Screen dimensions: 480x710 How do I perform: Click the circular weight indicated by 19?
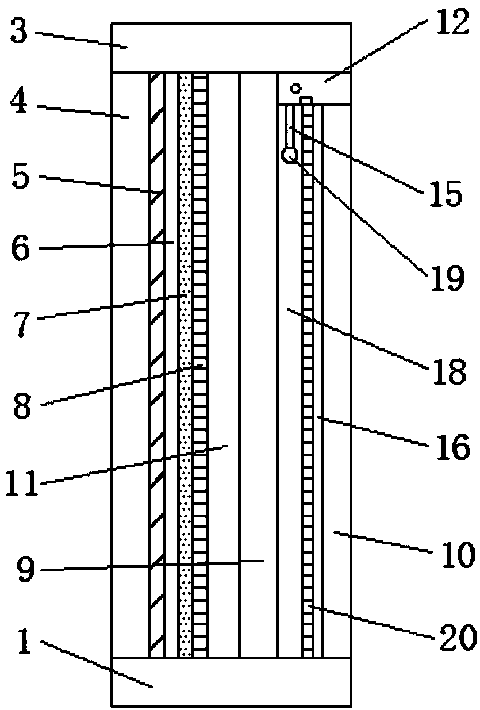289,154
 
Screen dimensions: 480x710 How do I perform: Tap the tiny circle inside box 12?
295,88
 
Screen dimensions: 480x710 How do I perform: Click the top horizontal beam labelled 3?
231,48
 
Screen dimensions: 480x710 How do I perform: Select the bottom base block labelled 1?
231,681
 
